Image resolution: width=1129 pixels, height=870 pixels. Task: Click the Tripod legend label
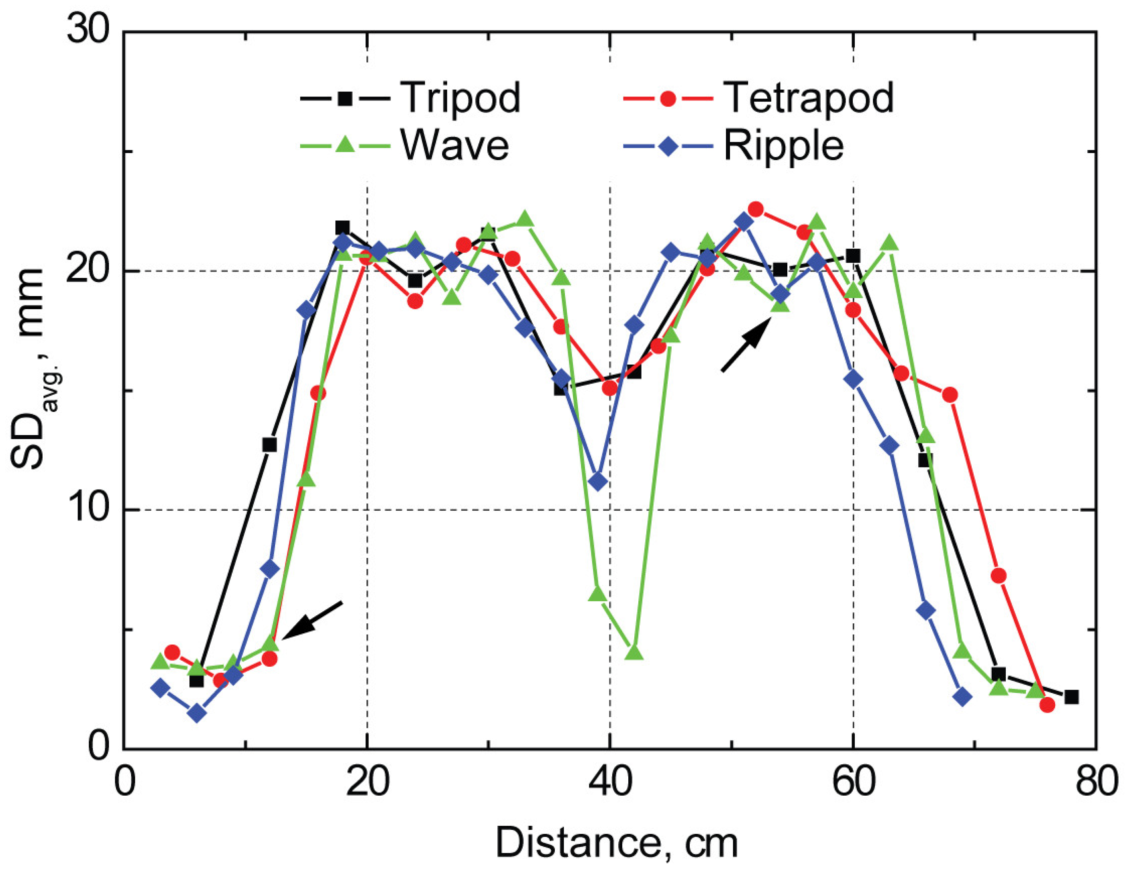pos(460,97)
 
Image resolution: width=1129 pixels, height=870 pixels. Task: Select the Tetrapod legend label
pos(808,97)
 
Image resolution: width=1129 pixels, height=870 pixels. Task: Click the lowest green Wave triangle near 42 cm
pos(634,652)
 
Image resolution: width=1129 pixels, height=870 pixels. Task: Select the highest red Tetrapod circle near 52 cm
pos(756,209)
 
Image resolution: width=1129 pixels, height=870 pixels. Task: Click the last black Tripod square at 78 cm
pos(1072,697)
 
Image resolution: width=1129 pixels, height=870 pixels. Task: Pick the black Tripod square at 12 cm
pos(269,445)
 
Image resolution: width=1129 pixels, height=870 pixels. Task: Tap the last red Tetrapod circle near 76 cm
pos(1047,705)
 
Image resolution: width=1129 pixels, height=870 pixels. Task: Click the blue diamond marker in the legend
pos(668,146)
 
